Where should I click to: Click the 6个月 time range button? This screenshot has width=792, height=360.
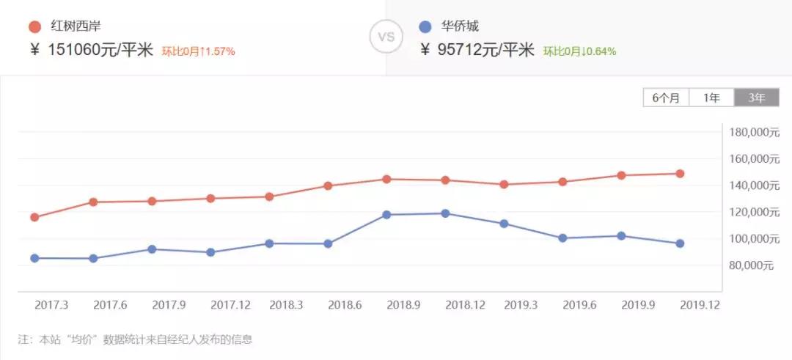[x=666, y=98]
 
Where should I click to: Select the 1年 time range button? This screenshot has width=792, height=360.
[x=711, y=98]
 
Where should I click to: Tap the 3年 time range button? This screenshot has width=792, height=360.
[x=757, y=98]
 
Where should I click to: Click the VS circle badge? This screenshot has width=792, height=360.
[x=386, y=37]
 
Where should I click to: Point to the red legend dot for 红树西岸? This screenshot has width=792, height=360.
[x=34, y=27]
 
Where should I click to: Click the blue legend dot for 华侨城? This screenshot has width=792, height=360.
[x=425, y=27]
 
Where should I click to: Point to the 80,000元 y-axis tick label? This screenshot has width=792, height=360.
[x=752, y=265]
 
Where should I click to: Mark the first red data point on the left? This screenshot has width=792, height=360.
[x=34, y=217]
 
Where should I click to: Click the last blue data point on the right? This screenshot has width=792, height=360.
[x=680, y=243]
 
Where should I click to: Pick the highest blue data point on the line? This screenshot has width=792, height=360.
[x=445, y=213]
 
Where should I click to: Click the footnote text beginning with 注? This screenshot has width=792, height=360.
[x=135, y=339]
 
